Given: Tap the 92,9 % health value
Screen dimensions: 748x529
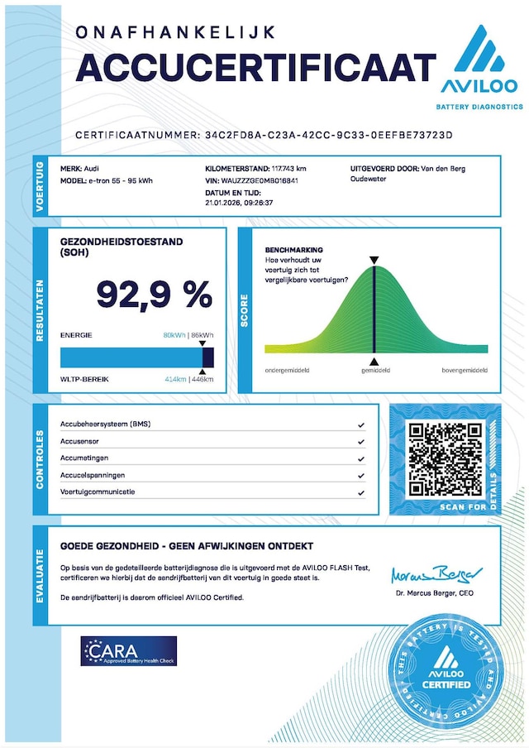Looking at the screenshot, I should [x=154, y=294].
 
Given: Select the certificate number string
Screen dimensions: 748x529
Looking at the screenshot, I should [x=330, y=134].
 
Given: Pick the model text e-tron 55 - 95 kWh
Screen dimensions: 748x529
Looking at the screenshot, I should [x=120, y=180].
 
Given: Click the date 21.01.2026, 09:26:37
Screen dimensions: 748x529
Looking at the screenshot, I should [x=239, y=202].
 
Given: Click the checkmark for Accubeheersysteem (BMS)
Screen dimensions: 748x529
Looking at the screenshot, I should [x=361, y=424].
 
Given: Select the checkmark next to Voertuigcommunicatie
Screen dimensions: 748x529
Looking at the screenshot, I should [x=361, y=493].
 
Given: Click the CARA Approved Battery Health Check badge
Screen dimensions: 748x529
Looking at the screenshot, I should [x=129, y=651].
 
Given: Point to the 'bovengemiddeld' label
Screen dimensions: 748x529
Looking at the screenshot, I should [x=464, y=371].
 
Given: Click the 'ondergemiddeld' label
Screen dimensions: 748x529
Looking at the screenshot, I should [x=287, y=371].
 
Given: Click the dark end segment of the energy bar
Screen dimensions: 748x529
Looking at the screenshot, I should [x=208, y=357].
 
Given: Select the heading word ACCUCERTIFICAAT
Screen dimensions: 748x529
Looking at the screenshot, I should [x=255, y=67].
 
